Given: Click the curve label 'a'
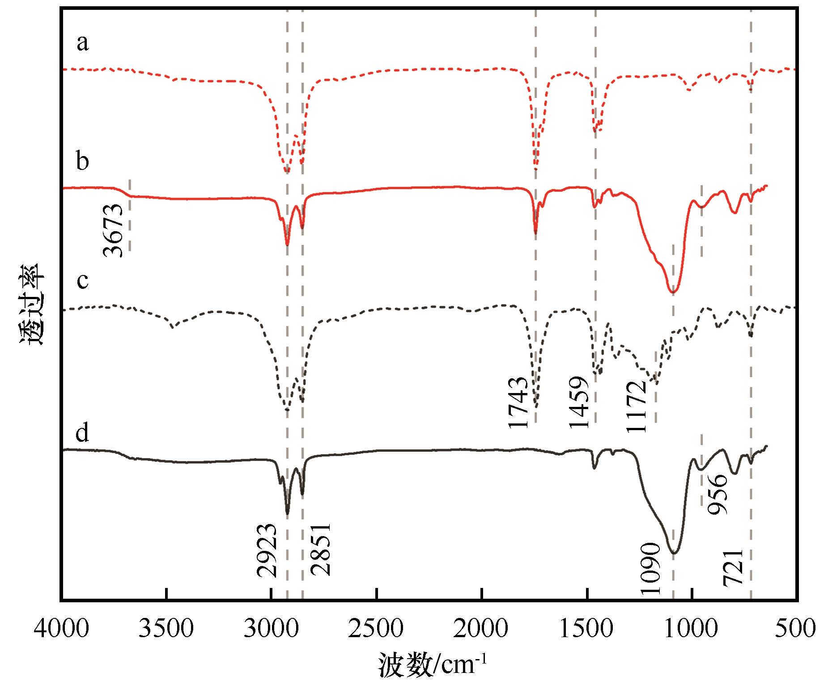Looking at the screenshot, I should coord(82,44).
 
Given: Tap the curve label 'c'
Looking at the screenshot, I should coord(82,280).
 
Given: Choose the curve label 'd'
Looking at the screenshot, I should coord(82,432).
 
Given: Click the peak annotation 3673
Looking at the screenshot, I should coord(113,230).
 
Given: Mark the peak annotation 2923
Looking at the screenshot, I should coord(267,550).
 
